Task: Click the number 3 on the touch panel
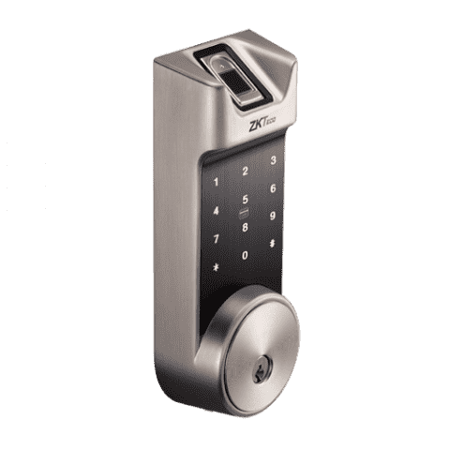tap(273, 160)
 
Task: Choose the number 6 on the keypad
tap(272, 187)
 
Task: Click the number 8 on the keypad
tap(245, 226)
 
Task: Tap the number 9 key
tap(272, 216)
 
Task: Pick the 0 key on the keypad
tap(245, 254)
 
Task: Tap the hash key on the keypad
tap(272, 243)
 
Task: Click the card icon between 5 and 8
tap(245, 213)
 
